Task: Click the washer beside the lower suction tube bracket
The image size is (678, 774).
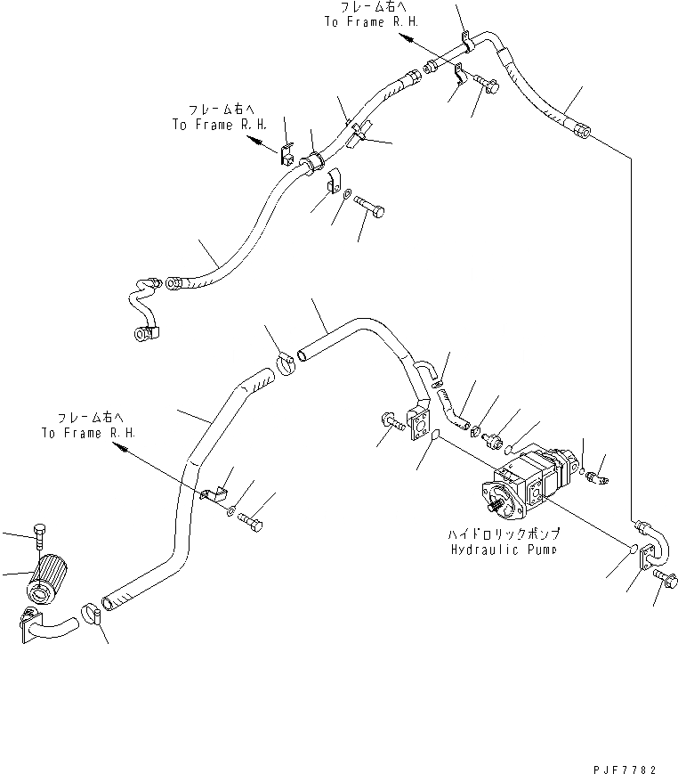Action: click(x=231, y=511)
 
